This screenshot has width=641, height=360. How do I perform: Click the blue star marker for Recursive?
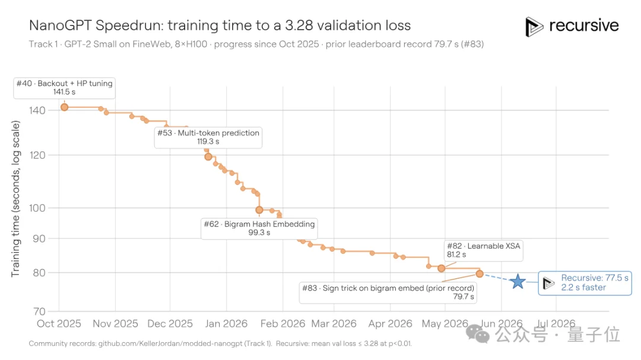click(x=518, y=281)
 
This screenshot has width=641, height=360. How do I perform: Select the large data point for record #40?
click(x=64, y=107)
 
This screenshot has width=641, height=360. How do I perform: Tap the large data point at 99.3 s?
click(x=259, y=210)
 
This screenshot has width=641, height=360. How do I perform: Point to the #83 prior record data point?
click(x=480, y=274)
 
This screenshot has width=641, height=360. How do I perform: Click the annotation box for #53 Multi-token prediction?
click(x=208, y=138)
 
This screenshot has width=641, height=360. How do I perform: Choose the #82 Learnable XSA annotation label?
click(x=484, y=250)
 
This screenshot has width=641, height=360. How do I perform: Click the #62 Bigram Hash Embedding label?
click(x=259, y=228)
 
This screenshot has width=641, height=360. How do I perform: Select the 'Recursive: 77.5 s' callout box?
click(x=585, y=283)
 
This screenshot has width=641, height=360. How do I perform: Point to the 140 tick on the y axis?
click(x=37, y=110)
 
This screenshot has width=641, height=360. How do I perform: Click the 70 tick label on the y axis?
click(x=39, y=312)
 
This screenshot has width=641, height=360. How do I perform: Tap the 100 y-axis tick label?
click(x=37, y=208)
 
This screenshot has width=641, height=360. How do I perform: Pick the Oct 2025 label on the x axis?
click(x=59, y=324)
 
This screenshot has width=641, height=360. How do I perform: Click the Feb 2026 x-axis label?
click(x=283, y=324)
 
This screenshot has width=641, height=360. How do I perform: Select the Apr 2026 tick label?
click(x=390, y=324)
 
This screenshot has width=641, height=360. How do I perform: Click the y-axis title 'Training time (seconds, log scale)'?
click(x=15, y=199)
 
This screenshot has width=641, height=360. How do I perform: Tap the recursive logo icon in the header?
click(x=534, y=27)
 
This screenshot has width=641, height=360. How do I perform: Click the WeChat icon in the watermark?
click(x=477, y=334)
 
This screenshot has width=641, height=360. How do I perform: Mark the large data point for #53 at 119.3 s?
click(x=208, y=157)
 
